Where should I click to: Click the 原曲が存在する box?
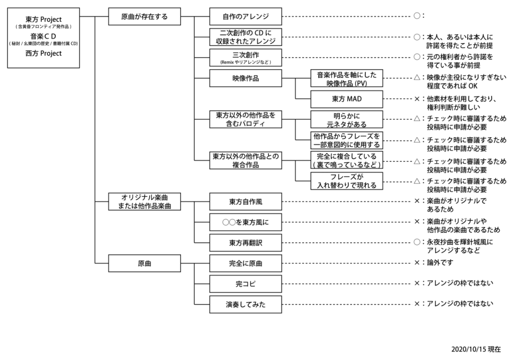pos(145,16)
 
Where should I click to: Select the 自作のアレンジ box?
pos(246,16)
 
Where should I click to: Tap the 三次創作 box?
pos(246,58)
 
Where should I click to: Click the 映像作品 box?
pos(246,79)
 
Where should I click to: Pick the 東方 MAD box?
pos(346,99)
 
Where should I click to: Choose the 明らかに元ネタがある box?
pos(346,119)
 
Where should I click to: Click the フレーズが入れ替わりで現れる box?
pos(346,181)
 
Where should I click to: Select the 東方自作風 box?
pos(246,202)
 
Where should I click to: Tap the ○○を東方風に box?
pos(246,222)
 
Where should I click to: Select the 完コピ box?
pos(246,284)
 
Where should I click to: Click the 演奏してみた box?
pos(246,304)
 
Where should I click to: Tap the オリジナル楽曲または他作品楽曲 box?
pos(145,202)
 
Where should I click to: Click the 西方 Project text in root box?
pos(43,54)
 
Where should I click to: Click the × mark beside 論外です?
pos(417,263)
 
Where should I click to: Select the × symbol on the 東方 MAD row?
pos(417,99)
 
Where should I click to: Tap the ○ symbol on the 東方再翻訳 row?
pos(417,242)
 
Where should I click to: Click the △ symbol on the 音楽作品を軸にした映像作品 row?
pos(417,78)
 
